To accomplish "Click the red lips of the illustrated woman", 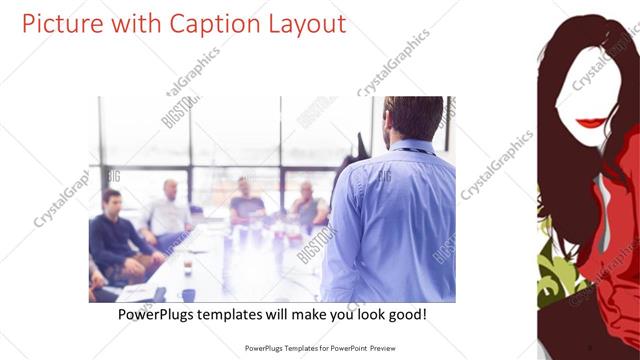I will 593,123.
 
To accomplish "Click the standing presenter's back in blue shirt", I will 390,220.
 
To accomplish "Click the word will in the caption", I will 295,314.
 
